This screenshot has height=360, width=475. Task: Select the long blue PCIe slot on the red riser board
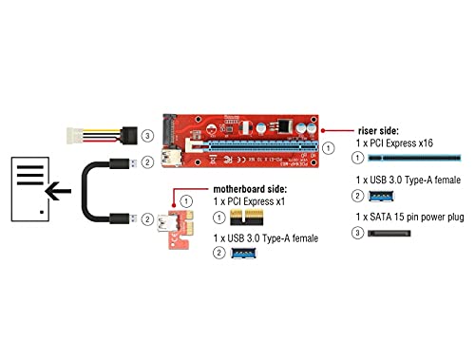point(252,150)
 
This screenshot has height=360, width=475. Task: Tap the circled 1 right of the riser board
point(329,149)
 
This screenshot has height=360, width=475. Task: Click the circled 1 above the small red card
point(187,201)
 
